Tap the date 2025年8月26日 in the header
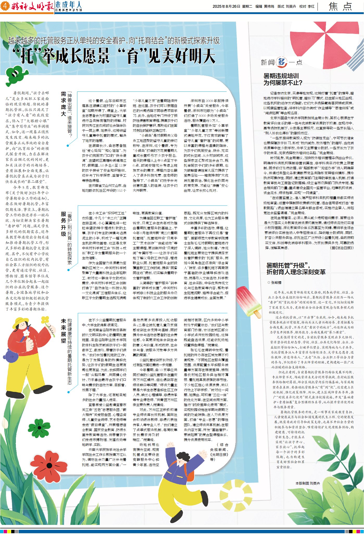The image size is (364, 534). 226,7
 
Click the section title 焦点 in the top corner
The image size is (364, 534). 340,7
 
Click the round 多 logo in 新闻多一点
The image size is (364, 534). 281,62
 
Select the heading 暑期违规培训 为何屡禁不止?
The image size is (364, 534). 283,79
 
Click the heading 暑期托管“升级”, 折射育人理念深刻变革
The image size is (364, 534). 296,269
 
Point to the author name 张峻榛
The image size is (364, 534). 276,282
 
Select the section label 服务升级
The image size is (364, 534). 63,224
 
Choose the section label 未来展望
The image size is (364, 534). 63,331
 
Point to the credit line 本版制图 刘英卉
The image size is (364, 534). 307,483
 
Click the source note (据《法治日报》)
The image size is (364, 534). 342,248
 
